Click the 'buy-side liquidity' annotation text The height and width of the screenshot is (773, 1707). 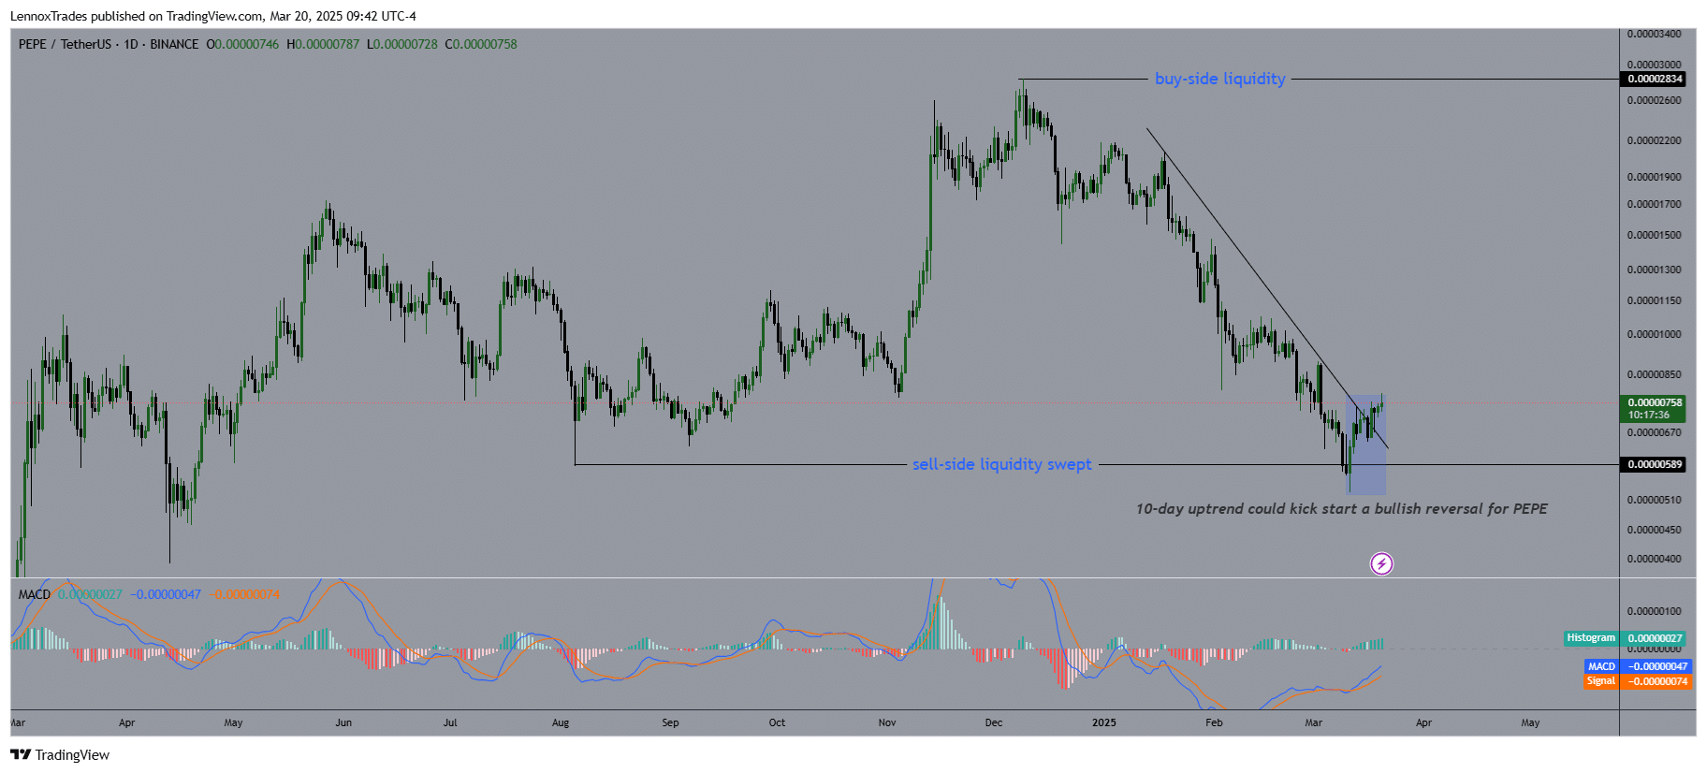click(x=1219, y=80)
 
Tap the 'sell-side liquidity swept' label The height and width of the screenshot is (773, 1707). click(x=1001, y=465)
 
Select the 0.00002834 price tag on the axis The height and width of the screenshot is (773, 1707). click(x=1655, y=80)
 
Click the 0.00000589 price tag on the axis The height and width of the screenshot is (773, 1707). click(x=1655, y=465)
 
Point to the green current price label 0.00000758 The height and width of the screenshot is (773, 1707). click(x=1655, y=403)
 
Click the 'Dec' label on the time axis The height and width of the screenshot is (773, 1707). click(x=994, y=723)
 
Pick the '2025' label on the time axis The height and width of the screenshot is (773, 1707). click(x=1104, y=723)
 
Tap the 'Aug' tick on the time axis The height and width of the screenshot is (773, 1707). click(x=561, y=723)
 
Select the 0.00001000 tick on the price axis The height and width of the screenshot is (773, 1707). click(x=1654, y=335)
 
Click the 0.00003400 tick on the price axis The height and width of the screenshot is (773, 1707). click(x=1654, y=35)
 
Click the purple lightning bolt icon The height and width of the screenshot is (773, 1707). click(x=1381, y=563)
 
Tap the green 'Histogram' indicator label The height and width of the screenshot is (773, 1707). click(x=1591, y=638)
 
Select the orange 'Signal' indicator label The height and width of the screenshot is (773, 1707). click(x=1600, y=681)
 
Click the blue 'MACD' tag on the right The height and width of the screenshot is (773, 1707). click(x=1601, y=667)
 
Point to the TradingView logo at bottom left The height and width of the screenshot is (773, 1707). click(x=60, y=755)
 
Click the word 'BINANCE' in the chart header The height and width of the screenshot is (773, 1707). click(x=174, y=45)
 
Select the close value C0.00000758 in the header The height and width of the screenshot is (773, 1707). click(x=481, y=45)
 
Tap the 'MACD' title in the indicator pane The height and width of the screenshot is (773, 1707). click(x=35, y=595)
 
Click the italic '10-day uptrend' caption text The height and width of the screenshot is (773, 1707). click(x=1341, y=509)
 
